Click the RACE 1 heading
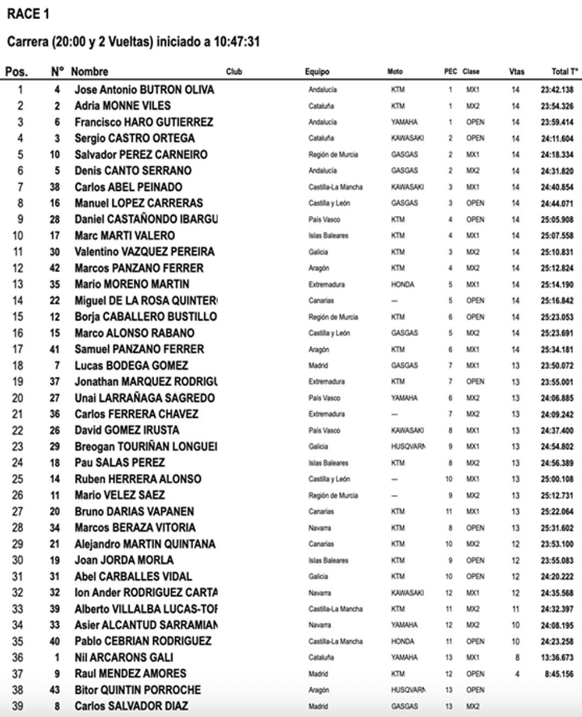(27, 14)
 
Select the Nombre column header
(90, 72)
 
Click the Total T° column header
(565, 72)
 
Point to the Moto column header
(395, 72)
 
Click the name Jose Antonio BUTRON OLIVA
(144, 90)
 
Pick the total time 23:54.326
(556, 106)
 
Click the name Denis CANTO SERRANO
(133, 171)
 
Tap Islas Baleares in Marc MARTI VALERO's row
(328, 236)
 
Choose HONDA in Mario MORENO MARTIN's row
(403, 285)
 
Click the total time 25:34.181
(556, 349)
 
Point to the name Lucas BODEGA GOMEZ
(131, 366)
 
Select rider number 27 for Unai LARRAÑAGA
(57, 398)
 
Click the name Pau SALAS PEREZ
(119, 463)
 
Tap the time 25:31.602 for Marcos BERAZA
(556, 528)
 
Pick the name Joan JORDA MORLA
(123, 561)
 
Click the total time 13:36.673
(556, 658)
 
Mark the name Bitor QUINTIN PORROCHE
(137, 690)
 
